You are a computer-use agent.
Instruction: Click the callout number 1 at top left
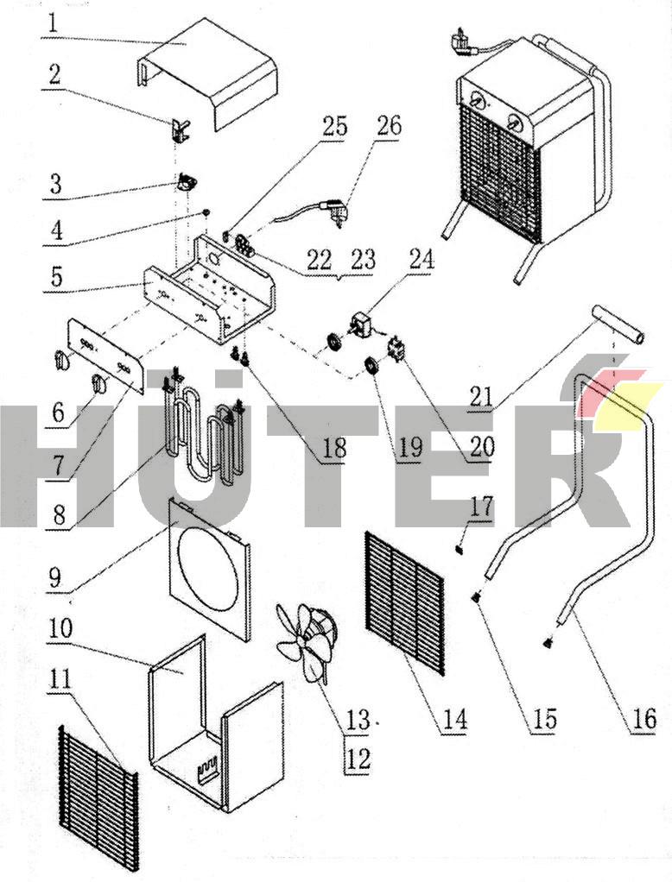(x=54, y=22)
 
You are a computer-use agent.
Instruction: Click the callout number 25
(x=335, y=128)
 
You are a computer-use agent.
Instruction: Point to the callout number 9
(x=55, y=576)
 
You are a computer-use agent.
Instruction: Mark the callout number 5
(x=55, y=278)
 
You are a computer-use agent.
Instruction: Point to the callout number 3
(x=55, y=184)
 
